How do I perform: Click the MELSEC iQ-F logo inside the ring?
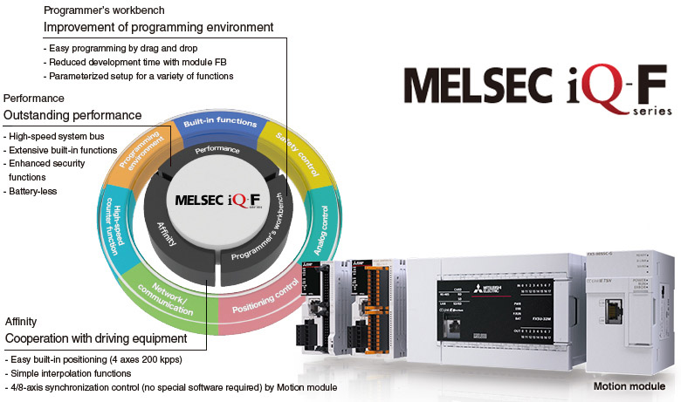[217, 199]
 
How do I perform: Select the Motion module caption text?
[629, 385]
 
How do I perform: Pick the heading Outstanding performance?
[72, 115]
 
